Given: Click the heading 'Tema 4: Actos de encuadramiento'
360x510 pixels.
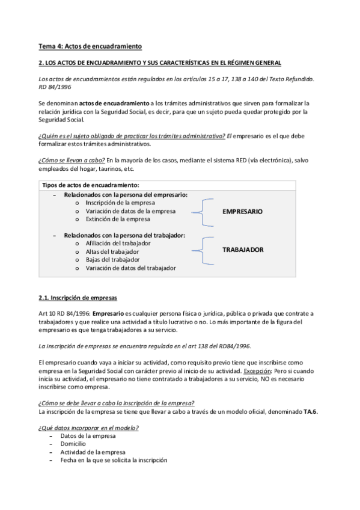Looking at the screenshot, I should pyautogui.click(x=90, y=46).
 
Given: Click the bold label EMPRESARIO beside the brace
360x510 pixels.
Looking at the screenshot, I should pyautogui.click(x=243, y=212).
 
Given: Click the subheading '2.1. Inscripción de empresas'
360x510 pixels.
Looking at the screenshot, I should pyautogui.click(x=78, y=298).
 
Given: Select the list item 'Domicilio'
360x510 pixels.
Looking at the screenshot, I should pyautogui.click(x=75, y=443).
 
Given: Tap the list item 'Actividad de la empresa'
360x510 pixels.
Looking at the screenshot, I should pyautogui.click(x=93, y=452).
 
